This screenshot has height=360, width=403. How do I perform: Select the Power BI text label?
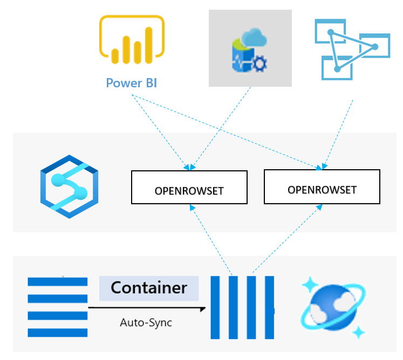[x=132, y=83]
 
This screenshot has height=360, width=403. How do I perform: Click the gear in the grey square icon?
[x=259, y=64]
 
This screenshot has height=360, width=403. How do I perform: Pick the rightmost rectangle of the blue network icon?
[x=374, y=46]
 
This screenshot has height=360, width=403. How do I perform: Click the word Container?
[x=149, y=288]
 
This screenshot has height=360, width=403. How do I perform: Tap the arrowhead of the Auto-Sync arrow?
[x=203, y=309]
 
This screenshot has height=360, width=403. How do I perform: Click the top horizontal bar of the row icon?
[x=57, y=281]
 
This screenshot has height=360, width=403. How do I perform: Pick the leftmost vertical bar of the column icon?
[x=215, y=307]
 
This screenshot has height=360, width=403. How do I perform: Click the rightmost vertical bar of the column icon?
[x=268, y=307]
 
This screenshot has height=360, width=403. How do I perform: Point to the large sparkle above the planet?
[x=310, y=283]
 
